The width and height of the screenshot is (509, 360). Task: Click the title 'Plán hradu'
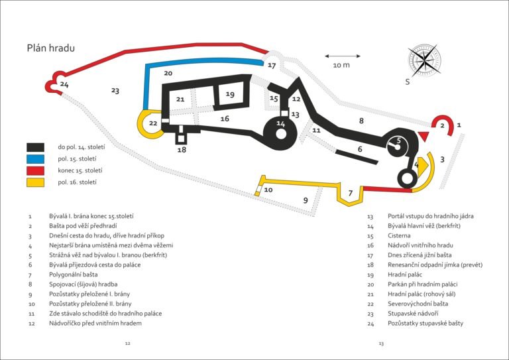[x=50, y=48]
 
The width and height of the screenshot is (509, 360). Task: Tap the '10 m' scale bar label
[x=341, y=65]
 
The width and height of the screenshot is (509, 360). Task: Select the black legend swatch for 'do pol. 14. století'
[x=35, y=147]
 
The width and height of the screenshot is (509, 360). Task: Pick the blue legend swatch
[x=35, y=158]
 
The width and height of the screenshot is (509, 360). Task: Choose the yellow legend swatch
[x=35, y=182]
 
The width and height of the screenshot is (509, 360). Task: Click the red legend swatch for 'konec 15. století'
[x=35, y=170]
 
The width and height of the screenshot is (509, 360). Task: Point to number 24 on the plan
[x=64, y=84]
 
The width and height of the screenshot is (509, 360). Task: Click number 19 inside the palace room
[x=230, y=95]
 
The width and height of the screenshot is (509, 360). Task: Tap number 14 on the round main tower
[x=280, y=124]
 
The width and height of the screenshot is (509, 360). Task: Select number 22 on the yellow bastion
[x=153, y=123]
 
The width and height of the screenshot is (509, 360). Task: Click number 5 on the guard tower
[x=398, y=140]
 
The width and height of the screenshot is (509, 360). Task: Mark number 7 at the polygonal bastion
[x=351, y=193]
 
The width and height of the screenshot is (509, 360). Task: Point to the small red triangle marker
[x=424, y=136]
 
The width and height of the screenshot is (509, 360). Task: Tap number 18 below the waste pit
[x=182, y=150]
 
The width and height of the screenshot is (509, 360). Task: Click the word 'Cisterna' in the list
[x=401, y=237]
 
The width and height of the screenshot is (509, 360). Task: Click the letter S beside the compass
[x=408, y=82]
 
